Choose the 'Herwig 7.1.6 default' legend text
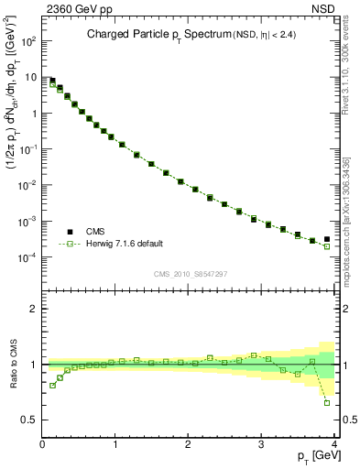point(124,244)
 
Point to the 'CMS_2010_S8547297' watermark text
point(190,274)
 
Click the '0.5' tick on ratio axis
point(29,420)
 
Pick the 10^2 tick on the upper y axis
point(28,42)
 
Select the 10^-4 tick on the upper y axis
point(27,257)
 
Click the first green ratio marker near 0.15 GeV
point(53,385)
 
